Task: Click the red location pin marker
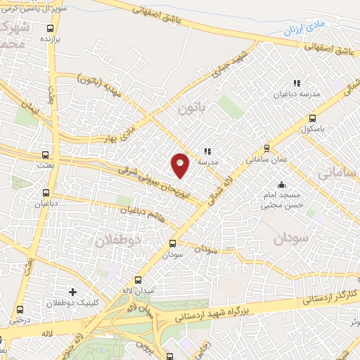point(181,165)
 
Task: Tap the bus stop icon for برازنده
point(50,29)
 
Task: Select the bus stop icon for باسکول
point(312,118)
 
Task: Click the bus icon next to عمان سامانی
point(266,148)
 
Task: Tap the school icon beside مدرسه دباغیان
point(297,83)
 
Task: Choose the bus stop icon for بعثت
point(46,154)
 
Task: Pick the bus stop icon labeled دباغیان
point(46,192)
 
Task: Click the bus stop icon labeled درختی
point(19,309)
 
